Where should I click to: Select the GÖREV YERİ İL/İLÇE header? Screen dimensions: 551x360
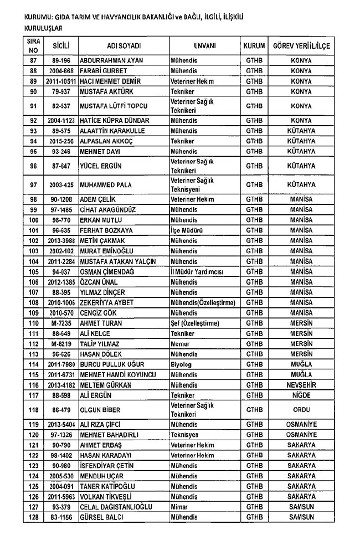point(301,46)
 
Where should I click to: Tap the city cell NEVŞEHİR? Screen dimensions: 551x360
point(301,384)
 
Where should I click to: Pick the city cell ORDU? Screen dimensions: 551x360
point(301,410)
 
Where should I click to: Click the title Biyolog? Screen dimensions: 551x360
point(182,363)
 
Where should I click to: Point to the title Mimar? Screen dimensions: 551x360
point(179,506)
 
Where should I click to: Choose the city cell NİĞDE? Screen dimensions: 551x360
point(301,395)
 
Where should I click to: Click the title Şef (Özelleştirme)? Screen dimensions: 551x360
point(194,323)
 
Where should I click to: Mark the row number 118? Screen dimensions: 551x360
point(33,410)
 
